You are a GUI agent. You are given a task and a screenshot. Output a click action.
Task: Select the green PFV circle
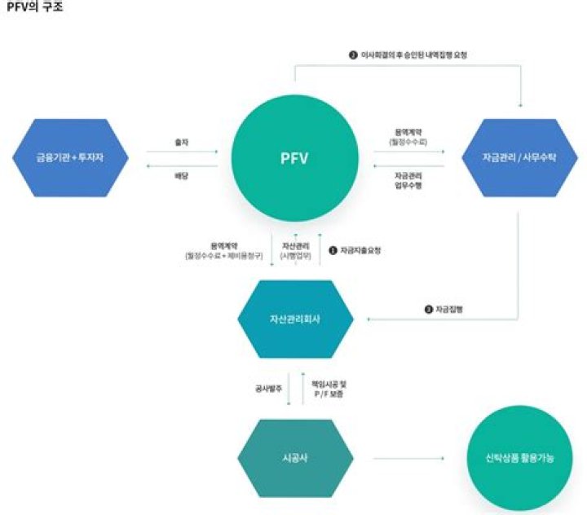pyautogui.click(x=294, y=156)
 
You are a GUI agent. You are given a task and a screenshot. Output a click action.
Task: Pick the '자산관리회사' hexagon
pyautogui.click(x=294, y=319)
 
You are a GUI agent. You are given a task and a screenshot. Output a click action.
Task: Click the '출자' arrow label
pyautogui.click(x=182, y=141)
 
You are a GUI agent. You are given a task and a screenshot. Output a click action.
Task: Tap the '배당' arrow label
pyautogui.click(x=182, y=174)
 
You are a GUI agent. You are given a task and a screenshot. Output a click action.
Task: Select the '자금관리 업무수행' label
pyautogui.click(x=408, y=179)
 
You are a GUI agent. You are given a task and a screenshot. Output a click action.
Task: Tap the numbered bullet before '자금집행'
pyautogui.click(x=428, y=310)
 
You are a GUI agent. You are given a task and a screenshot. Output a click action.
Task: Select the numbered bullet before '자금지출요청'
pyautogui.click(x=333, y=250)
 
